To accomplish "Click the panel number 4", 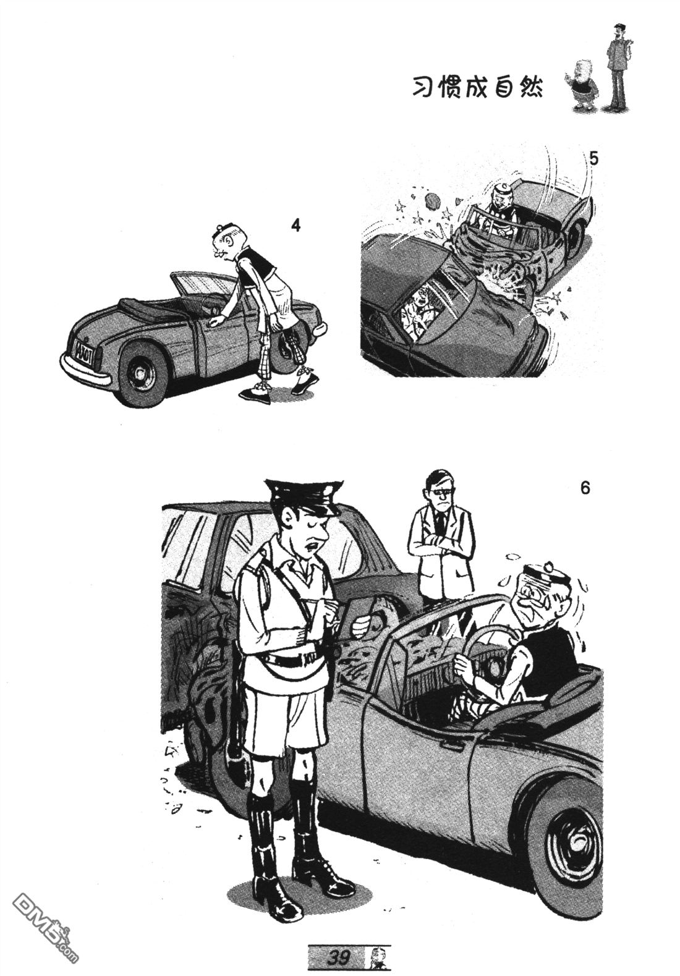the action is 296,227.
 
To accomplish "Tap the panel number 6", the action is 585,488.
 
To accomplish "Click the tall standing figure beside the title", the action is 618,66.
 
